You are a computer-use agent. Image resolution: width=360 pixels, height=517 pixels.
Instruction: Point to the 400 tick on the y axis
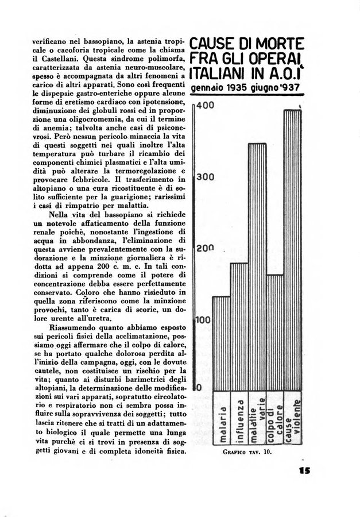[x=205, y=106]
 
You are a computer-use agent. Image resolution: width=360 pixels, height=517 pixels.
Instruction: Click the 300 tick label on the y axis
[x=205, y=177]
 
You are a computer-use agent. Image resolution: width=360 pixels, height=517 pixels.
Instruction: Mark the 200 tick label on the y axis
[x=205, y=249]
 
